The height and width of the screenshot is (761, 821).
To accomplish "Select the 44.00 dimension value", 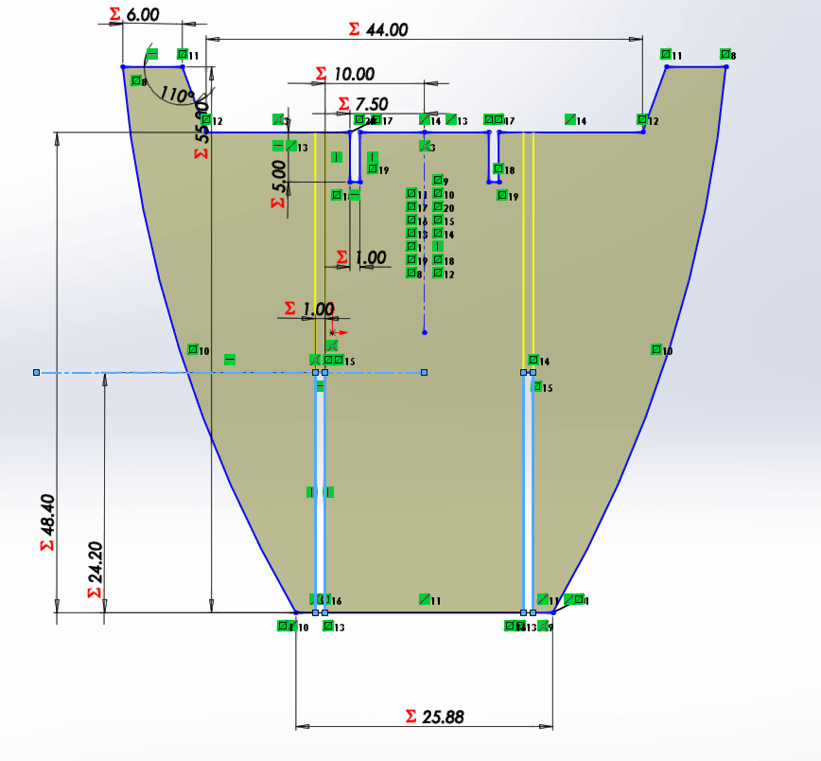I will point(386,29).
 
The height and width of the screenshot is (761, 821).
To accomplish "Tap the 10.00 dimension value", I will point(353,74).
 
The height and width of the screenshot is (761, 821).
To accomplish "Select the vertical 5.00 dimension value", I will point(278,176).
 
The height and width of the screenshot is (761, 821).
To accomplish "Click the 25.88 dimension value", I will point(442,717).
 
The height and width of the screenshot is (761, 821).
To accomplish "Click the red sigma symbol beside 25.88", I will point(410,717).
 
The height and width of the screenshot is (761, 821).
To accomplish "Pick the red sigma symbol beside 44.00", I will point(354,29).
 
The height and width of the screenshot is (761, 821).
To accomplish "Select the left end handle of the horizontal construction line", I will point(37,373).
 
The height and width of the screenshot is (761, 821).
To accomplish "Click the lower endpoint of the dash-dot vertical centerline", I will point(425,332).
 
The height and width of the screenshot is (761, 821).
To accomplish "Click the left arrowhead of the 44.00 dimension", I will point(212,39).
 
